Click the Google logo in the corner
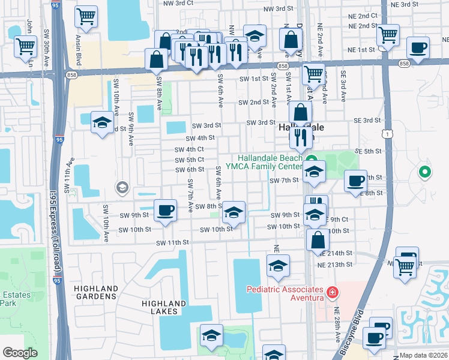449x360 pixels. pos(20,353)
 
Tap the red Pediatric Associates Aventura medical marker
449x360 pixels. pos(332,293)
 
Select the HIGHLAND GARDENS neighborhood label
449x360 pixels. pos(95,292)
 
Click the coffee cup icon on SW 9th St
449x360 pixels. pos(165,210)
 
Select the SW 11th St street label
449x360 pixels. pos(173,242)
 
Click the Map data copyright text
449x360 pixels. pos(423,355)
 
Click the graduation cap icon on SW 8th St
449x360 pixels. pos(234,212)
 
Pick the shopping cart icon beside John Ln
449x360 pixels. pos(25,46)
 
